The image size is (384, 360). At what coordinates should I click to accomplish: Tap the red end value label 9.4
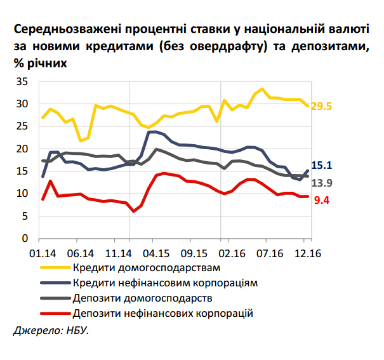click(x=321, y=201)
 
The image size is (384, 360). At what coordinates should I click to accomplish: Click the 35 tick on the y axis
click(x=23, y=82)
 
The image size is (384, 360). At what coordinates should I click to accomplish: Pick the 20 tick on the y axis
click(x=23, y=149)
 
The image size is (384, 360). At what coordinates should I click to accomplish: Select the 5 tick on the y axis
click(x=26, y=216)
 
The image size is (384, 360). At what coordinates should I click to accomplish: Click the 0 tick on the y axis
click(x=26, y=239)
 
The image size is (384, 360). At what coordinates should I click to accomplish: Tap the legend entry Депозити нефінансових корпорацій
click(x=163, y=313)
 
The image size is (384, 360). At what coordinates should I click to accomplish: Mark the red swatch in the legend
click(x=54, y=313)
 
